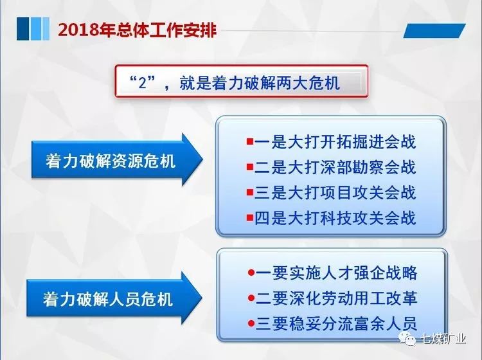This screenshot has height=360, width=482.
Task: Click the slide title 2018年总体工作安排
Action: (138, 30)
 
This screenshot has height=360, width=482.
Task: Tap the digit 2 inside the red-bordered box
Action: (142, 83)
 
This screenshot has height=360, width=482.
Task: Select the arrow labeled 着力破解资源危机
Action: (117, 160)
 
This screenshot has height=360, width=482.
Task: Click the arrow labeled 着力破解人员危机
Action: (114, 298)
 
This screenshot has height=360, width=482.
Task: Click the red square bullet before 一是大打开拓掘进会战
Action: (250, 141)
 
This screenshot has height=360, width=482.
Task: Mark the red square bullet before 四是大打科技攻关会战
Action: (250, 218)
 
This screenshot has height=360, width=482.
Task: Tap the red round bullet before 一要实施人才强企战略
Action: (251, 273)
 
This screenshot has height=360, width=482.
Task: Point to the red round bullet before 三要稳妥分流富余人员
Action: (251, 323)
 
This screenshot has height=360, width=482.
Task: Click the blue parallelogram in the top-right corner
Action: (434, 31)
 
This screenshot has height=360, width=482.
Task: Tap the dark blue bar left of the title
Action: (22, 28)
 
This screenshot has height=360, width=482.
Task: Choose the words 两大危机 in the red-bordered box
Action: (308, 83)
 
